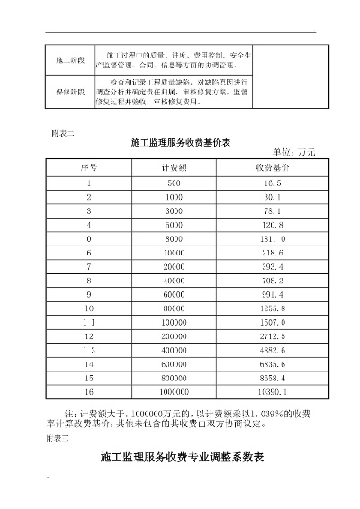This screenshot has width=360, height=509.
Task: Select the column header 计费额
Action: click(174, 167)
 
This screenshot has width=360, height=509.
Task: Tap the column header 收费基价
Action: click(271, 167)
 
